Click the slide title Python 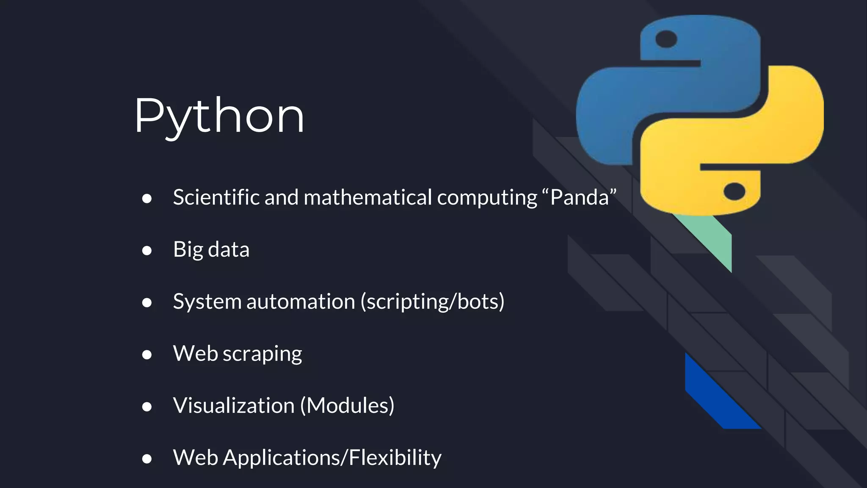pyautogui.click(x=219, y=116)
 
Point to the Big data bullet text pyautogui.click(x=211, y=250)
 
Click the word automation pyautogui.click(x=301, y=302)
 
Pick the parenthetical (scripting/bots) pyautogui.click(x=432, y=302)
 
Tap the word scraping pyautogui.click(x=262, y=354)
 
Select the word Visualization pyautogui.click(x=234, y=406)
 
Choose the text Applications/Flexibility pyautogui.click(x=332, y=458)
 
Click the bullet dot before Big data pyautogui.click(x=147, y=251)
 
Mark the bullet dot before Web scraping pyautogui.click(x=147, y=355)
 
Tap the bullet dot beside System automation pyautogui.click(x=147, y=302)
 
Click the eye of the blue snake pyautogui.click(x=666, y=39)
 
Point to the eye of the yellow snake pyautogui.click(x=734, y=191)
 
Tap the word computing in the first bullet pyautogui.click(x=487, y=197)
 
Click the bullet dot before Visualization pyautogui.click(x=147, y=407)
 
